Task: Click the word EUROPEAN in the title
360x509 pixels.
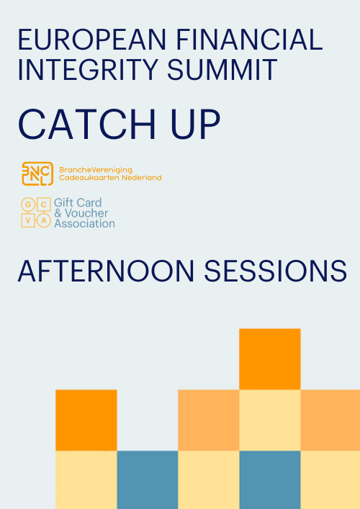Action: [x=92, y=40]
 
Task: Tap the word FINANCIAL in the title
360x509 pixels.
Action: [x=249, y=40]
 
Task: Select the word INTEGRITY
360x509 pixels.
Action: [x=88, y=70]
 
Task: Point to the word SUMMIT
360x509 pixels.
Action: [x=222, y=70]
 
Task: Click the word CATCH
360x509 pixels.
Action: [x=88, y=125]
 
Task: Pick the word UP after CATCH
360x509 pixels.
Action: [x=195, y=125]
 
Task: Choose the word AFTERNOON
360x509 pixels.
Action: [x=106, y=271]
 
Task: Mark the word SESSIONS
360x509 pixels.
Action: [x=275, y=271]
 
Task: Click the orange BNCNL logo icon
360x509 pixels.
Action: [x=37, y=174]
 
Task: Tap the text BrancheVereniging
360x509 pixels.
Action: [x=96, y=170]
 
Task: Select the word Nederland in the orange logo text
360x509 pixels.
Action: [x=142, y=178]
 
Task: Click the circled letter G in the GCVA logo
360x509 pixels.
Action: [x=28, y=204]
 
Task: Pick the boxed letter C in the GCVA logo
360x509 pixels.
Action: [x=44, y=204]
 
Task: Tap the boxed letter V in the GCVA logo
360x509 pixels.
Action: [x=28, y=220]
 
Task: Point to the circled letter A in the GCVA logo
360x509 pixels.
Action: [x=44, y=220]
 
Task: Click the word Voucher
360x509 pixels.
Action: [x=86, y=213]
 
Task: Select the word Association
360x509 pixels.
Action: [x=84, y=224]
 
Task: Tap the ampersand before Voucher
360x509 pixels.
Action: [x=58, y=213]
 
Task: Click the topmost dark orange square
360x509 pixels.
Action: [x=270, y=359]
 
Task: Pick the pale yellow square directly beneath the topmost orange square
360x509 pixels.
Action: [x=270, y=420]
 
